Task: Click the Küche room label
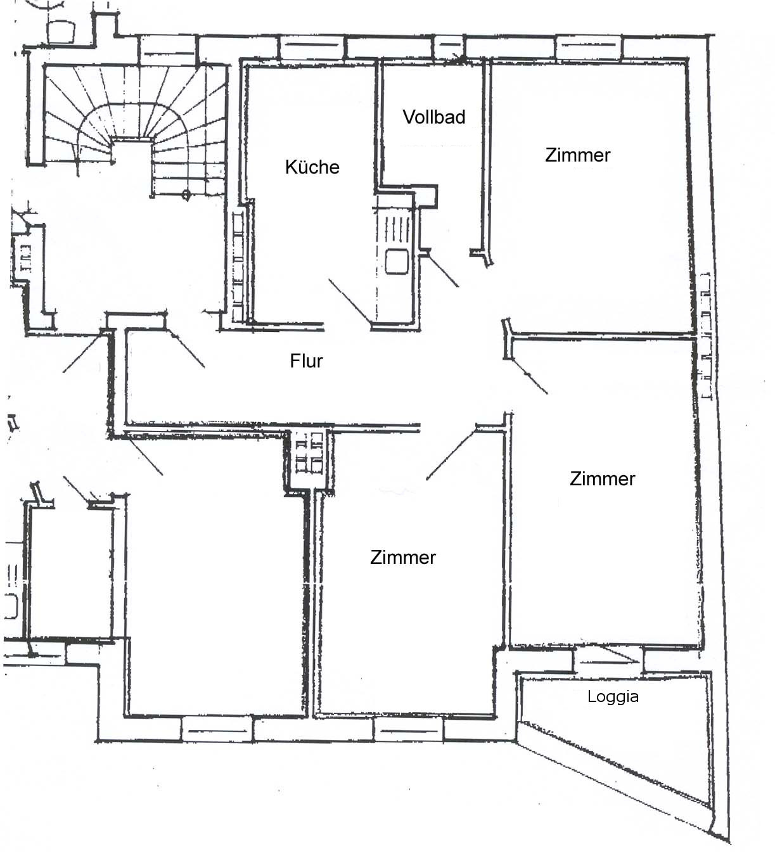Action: pyautogui.click(x=312, y=167)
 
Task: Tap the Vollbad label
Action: pyautogui.click(x=434, y=117)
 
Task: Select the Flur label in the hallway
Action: pyautogui.click(x=306, y=361)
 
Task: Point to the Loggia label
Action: pyautogui.click(x=613, y=696)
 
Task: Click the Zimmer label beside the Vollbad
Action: pyautogui.click(x=577, y=155)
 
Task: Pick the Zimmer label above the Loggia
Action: pyautogui.click(x=602, y=478)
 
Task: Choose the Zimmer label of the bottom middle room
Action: pyautogui.click(x=403, y=557)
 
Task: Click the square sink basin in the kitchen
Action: pyautogui.click(x=397, y=261)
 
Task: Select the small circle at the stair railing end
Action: pyautogui.click(x=186, y=195)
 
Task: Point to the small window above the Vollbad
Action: pyautogui.click(x=449, y=46)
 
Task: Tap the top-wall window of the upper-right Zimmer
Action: pyautogui.click(x=589, y=47)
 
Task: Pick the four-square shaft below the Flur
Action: pyautogui.click(x=309, y=459)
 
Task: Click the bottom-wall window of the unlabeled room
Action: pyautogui.click(x=217, y=730)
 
